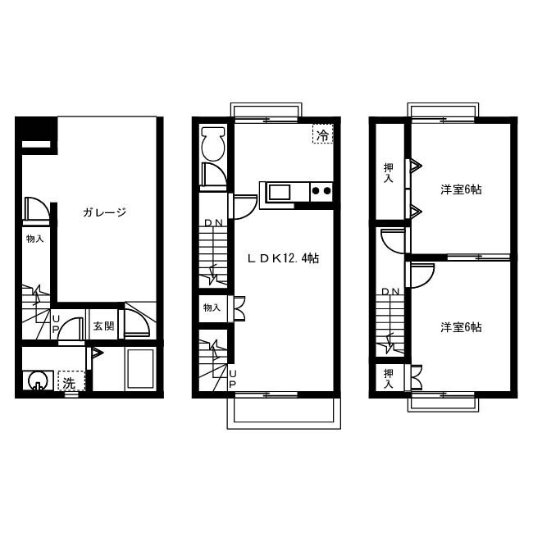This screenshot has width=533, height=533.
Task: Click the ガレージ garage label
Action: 104,212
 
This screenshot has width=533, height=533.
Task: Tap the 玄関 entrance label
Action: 103,326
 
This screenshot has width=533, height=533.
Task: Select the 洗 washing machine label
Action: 69,383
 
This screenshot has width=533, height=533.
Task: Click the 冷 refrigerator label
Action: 322,135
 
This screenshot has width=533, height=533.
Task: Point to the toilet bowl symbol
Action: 213,144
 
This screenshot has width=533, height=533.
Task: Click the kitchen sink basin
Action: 280,193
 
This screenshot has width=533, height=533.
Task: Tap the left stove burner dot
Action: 316,191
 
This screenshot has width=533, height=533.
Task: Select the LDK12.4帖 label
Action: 283,258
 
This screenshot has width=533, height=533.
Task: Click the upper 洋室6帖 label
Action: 461,189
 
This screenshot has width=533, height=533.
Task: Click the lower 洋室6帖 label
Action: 461,327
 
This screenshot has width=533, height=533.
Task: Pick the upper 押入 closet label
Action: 389,173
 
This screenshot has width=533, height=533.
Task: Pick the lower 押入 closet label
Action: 389,378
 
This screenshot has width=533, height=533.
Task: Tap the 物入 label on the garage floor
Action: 35,239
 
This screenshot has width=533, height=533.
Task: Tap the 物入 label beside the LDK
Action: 212,307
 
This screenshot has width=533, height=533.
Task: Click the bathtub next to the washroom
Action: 140,369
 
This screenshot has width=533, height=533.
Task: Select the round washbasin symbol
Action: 37,380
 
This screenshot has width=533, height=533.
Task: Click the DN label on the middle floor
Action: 213,223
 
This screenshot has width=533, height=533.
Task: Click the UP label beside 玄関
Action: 56,323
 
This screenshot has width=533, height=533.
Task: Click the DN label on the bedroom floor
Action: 390,291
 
